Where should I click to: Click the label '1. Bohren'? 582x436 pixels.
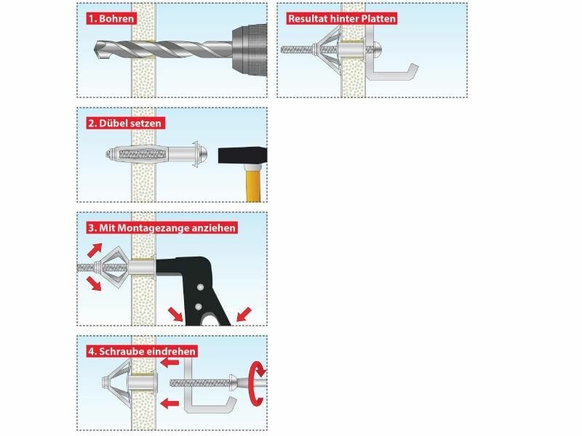[x=111, y=19]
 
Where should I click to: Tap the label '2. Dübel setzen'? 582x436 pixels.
[x=125, y=123]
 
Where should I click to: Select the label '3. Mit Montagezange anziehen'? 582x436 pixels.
[x=162, y=227]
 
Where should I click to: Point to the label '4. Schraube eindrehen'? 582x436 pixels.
[x=142, y=351]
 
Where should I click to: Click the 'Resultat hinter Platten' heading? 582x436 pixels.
[x=342, y=19]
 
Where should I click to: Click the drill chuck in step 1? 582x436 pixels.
[x=250, y=50]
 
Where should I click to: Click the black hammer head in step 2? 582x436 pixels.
[x=242, y=156]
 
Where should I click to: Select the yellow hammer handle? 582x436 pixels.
[x=253, y=183]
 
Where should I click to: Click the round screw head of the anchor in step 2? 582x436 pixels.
[x=202, y=154]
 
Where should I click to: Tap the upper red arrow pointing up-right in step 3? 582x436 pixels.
[x=95, y=250]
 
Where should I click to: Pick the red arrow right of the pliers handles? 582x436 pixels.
[x=244, y=314]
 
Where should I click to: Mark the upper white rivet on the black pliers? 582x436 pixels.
[x=201, y=287]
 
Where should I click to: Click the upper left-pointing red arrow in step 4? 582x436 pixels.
[x=170, y=362]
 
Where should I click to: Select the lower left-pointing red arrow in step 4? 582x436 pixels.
[x=170, y=403]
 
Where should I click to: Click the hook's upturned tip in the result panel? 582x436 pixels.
[x=413, y=70]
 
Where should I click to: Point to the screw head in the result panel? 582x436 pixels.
[x=377, y=49]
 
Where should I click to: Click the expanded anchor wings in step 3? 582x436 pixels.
[x=111, y=267]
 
